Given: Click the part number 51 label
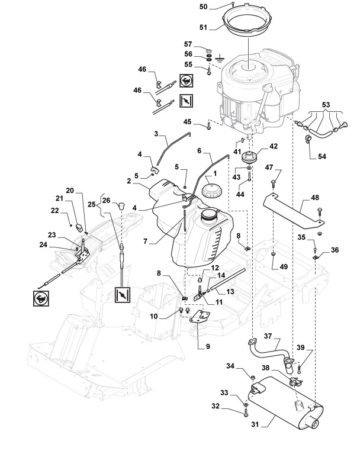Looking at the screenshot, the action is pyautogui.click(x=203, y=28).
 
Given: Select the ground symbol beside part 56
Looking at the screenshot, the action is pyautogui.click(x=220, y=59).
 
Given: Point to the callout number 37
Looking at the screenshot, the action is pyautogui.click(x=268, y=336).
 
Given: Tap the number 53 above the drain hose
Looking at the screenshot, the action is pyautogui.click(x=326, y=105).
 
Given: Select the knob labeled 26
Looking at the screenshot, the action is pyautogui.click(x=122, y=206).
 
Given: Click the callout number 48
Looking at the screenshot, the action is pyautogui.click(x=315, y=198).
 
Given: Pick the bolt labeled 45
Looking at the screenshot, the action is pyautogui.click(x=209, y=126).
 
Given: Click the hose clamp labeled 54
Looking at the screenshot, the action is pyautogui.click(x=308, y=138).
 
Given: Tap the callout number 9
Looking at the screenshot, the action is pyautogui.click(x=208, y=347).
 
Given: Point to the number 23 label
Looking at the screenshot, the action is pyautogui.click(x=52, y=235).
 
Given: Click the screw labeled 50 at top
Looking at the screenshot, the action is pyautogui.click(x=232, y=4).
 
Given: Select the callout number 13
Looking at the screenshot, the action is pyautogui.click(x=230, y=292).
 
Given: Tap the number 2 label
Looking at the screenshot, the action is pyautogui.click(x=128, y=181).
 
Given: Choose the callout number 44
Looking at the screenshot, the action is pyautogui.click(x=240, y=195).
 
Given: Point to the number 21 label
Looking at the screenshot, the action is pyautogui.click(x=59, y=198).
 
